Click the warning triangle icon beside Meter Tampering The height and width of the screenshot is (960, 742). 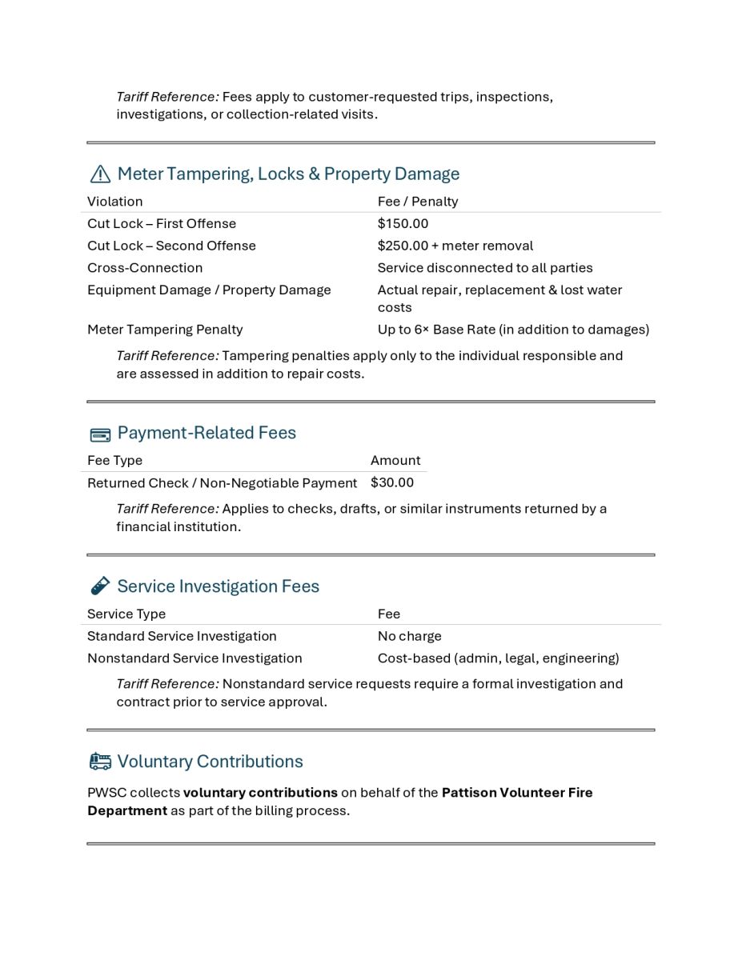(100, 174)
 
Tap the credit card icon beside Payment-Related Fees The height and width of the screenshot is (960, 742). (100, 435)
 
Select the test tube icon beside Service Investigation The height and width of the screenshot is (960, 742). (100, 586)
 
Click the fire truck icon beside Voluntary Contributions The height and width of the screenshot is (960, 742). (100, 762)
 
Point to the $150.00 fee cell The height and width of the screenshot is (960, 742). (403, 224)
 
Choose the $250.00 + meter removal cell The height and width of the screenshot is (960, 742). (455, 246)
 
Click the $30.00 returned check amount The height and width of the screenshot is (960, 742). (392, 482)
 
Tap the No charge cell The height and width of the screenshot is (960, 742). (409, 636)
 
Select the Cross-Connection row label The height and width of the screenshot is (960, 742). (145, 268)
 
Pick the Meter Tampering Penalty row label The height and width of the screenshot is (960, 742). (165, 330)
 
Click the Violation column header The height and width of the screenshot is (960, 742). (114, 202)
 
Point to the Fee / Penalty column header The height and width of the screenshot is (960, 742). (418, 202)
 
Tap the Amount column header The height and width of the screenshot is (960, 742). (395, 461)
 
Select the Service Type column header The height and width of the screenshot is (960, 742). (126, 614)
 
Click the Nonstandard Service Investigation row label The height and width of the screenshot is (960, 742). (195, 658)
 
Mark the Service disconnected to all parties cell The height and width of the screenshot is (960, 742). (485, 268)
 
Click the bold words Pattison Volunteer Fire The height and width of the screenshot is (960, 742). (517, 793)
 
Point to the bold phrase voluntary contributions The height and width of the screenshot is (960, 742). (260, 793)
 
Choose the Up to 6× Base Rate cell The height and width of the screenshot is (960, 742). (513, 330)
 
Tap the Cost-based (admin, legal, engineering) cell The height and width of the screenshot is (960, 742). (498, 658)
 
